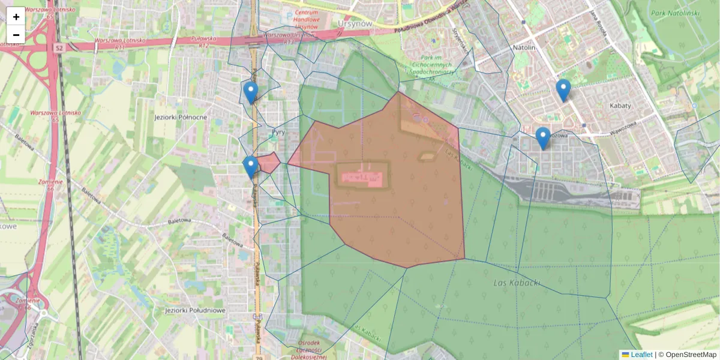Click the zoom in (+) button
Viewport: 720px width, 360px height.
point(16,17)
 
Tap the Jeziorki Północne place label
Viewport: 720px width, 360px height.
point(181,117)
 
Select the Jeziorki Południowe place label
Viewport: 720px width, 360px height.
point(194,310)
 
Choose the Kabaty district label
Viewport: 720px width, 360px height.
point(620,106)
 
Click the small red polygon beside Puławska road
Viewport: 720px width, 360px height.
point(268,163)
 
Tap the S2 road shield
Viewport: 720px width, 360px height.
point(58,47)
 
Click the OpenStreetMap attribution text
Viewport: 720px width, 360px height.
point(687,355)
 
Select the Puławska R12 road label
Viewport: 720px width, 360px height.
point(199,41)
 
